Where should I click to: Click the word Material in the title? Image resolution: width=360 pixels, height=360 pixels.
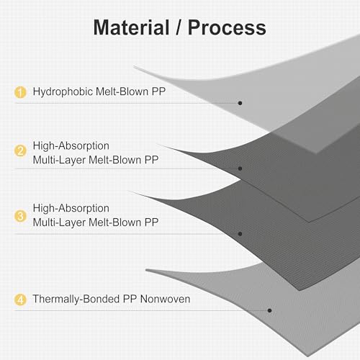(131, 27)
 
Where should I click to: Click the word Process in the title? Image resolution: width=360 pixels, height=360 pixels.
(227, 27)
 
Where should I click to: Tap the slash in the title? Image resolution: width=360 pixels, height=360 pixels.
(179, 27)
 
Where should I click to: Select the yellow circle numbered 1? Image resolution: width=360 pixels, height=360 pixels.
(20, 92)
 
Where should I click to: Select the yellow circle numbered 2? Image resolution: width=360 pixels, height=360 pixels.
(20, 150)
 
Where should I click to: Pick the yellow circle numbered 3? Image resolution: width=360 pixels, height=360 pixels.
(20, 216)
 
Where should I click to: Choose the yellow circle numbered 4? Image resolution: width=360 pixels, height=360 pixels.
(20, 300)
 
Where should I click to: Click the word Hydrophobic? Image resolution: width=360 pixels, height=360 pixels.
(63, 92)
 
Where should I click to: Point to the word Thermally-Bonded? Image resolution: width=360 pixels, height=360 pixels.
(76, 300)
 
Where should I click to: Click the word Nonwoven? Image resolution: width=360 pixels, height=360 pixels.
(165, 299)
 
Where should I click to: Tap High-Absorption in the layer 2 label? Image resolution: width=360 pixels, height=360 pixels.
(71, 146)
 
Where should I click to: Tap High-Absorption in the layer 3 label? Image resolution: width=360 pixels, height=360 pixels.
(71, 208)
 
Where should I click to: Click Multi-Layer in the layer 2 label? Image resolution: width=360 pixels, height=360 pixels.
(59, 160)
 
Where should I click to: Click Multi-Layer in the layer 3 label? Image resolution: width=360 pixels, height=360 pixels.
(59, 222)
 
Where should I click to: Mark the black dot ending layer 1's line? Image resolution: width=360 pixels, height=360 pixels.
(240, 103)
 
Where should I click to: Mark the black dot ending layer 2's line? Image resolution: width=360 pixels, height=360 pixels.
(240, 168)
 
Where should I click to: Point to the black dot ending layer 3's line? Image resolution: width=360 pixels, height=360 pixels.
(240, 234)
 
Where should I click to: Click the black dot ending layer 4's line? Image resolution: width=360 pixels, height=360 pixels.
(269, 310)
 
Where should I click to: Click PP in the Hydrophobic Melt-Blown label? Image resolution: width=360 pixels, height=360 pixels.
(158, 91)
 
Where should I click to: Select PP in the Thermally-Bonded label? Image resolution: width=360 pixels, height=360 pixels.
(130, 299)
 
